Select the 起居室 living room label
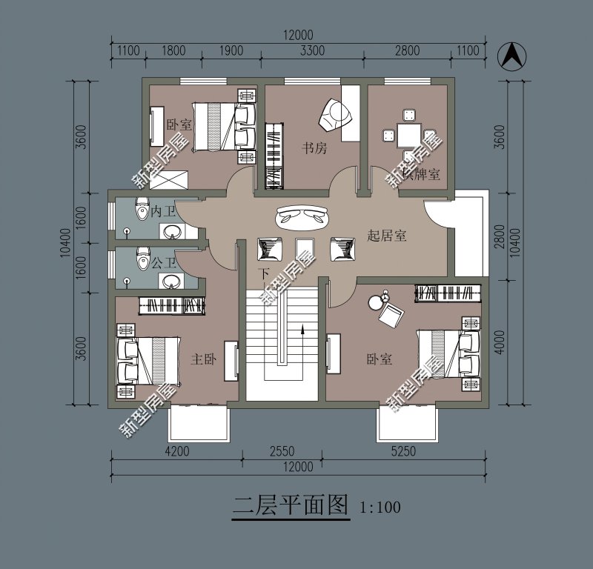(x=387, y=236)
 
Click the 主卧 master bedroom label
(x=203, y=359)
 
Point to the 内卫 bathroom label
(x=162, y=212)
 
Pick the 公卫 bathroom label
(x=162, y=262)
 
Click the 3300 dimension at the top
(x=312, y=51)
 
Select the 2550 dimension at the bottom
(x=281, y=450)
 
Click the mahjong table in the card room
(x=408, y=136)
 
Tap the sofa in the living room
(x=302, y=216)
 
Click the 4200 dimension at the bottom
(x=177, y=450)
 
